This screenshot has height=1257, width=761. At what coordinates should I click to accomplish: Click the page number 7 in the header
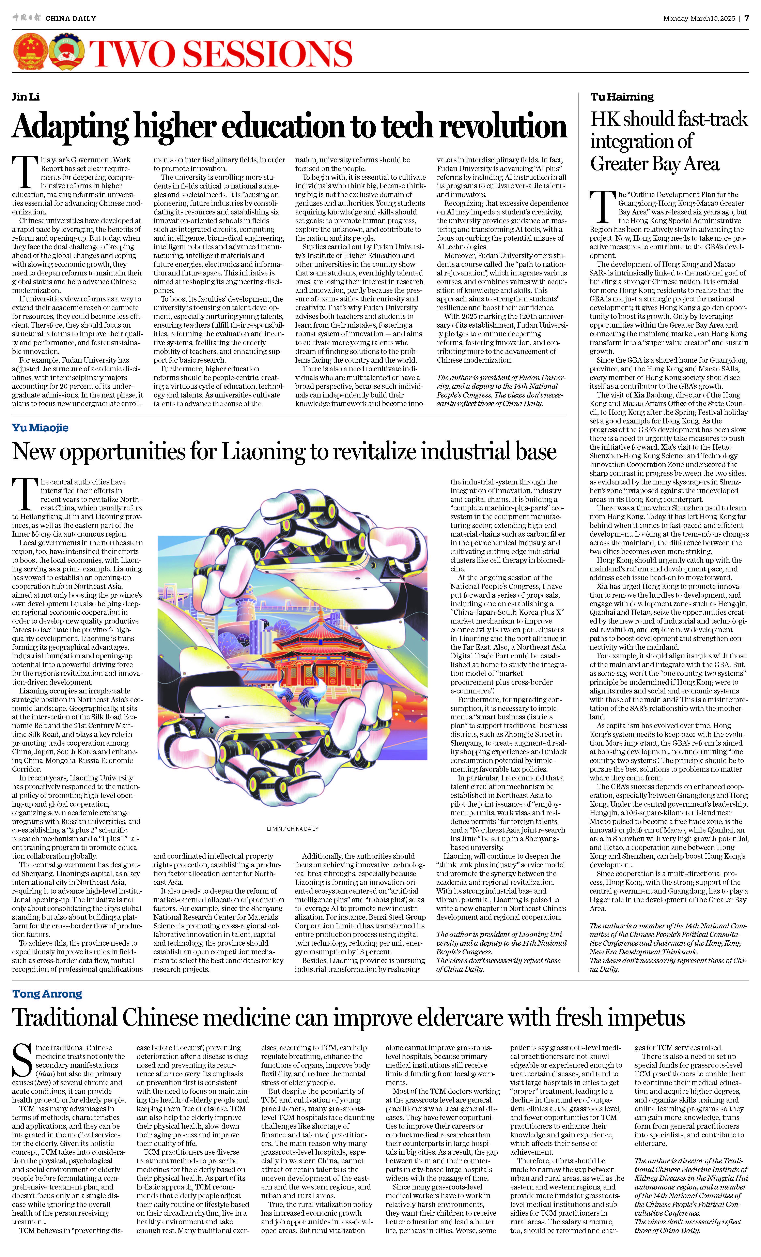[x=746, y=18]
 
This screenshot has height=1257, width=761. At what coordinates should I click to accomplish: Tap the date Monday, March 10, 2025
[x=699, y=18]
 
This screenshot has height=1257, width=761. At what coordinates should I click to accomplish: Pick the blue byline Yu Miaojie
[x=40, y=428]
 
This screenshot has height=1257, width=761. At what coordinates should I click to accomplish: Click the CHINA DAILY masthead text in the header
[x=70, y=18]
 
